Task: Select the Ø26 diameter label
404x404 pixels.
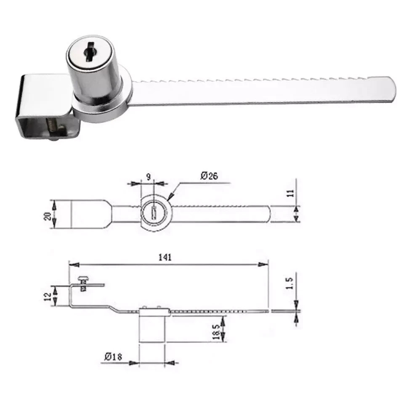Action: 209,176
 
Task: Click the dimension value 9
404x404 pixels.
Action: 149,177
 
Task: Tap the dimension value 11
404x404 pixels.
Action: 290,193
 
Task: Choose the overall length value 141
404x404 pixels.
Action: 165,257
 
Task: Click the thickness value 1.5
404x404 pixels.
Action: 290,283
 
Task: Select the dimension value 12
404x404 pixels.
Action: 48,297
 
